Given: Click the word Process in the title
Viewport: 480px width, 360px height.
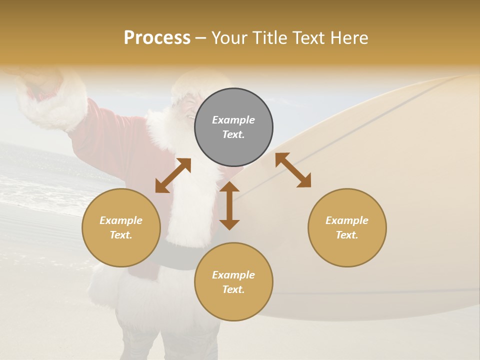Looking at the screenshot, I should [x=157, y=38].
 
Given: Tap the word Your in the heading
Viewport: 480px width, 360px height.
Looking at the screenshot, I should [x=230, y=38].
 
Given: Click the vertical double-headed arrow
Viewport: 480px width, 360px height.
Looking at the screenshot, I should [x=229, y=205].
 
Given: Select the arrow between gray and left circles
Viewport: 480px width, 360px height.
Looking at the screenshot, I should [x=173, y=175].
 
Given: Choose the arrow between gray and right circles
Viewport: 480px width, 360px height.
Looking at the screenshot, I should [x=293, y=170].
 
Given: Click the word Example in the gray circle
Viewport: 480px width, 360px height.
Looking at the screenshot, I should [x=233, y=120].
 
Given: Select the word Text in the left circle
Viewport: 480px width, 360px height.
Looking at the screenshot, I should [x=121, y=235].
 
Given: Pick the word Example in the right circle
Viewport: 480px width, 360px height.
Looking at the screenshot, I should [x=347, y=220].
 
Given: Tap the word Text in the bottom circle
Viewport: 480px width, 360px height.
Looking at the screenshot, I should [x=233, y=289].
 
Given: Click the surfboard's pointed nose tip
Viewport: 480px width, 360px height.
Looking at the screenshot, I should [x=467, y=77].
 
